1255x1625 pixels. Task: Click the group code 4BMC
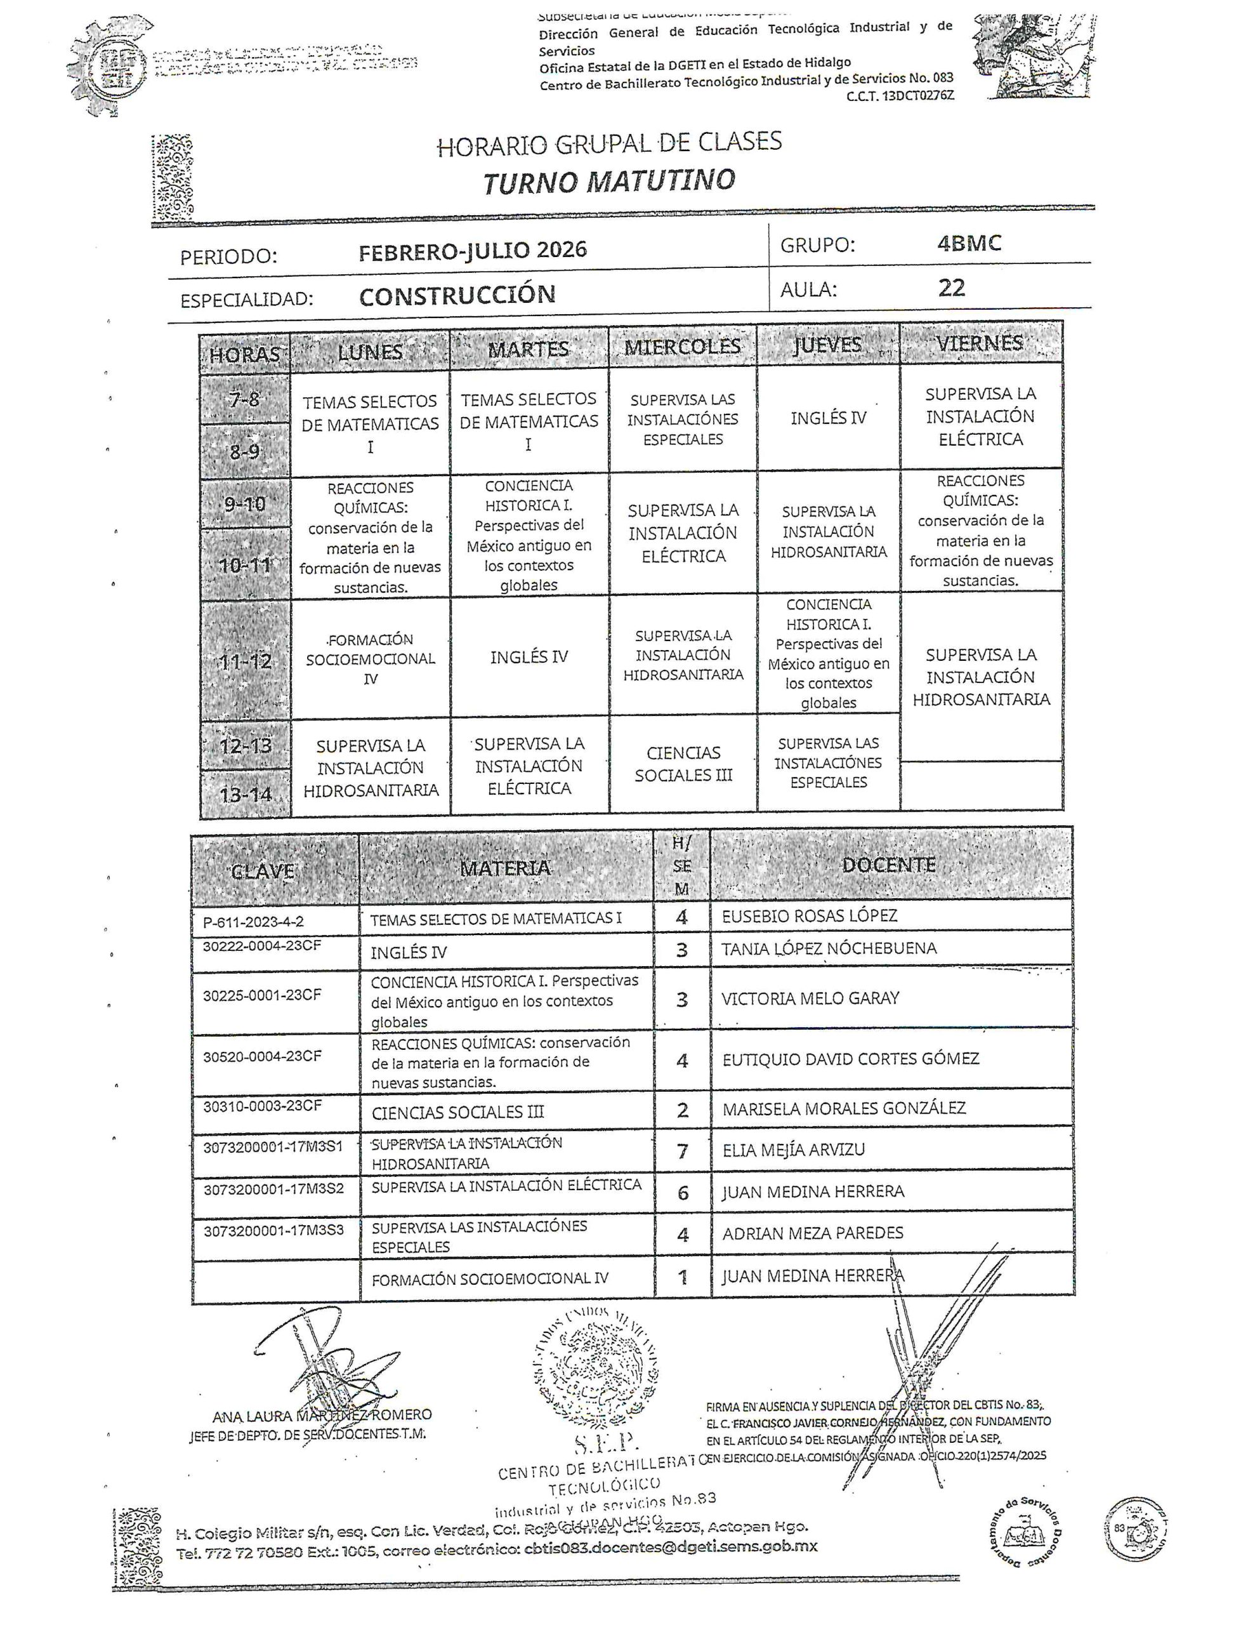point(969,243)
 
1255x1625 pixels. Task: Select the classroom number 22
point(952,288)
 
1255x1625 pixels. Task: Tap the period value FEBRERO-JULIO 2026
point(473,251)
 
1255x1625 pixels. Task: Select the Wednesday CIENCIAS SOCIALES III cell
point(683,764)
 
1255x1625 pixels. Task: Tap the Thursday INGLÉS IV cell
point(828,418)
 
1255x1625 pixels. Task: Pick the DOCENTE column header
point(888,865)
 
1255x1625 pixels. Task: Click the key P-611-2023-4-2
point(253,922)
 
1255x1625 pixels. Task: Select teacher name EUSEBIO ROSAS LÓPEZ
point(810,916)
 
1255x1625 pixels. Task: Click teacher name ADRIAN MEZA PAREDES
point(812,1233)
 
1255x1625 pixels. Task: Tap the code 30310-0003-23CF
point(262,1106)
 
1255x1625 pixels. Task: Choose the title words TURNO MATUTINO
point(609,182)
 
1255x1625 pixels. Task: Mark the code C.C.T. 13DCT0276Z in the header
point(900,96)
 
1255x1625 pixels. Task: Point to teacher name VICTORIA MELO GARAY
point(810,998)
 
